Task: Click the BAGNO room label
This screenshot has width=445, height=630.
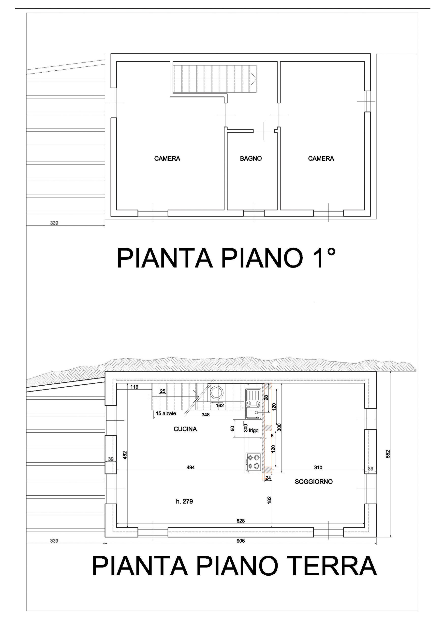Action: click(x=251, y=158)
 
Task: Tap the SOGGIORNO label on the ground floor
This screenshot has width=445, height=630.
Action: click(x=314, y=482)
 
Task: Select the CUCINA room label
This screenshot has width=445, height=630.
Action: click(x=185, y=429)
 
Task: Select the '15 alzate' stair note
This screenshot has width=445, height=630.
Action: click(x=166, y=413)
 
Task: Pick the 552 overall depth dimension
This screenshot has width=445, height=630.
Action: click(x=388, y=454)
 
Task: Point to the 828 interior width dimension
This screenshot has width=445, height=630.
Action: click(x=240, y=521)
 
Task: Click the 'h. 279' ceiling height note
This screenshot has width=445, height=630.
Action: click(x=184, y=502)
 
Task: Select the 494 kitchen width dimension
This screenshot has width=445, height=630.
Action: click(x=190, y=467)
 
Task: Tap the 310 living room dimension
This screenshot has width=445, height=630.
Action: click(x=318, y=467)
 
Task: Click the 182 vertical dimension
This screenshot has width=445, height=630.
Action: click(x=269, y=500)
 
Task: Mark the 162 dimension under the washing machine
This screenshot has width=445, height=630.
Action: click(x=220, y=405)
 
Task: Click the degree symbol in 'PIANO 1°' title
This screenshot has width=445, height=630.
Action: click(x=331, y=252)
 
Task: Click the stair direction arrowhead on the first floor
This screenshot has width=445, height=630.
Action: click(x=254, y=79)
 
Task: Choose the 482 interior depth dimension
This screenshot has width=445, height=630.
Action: click(x=125, y=455)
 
